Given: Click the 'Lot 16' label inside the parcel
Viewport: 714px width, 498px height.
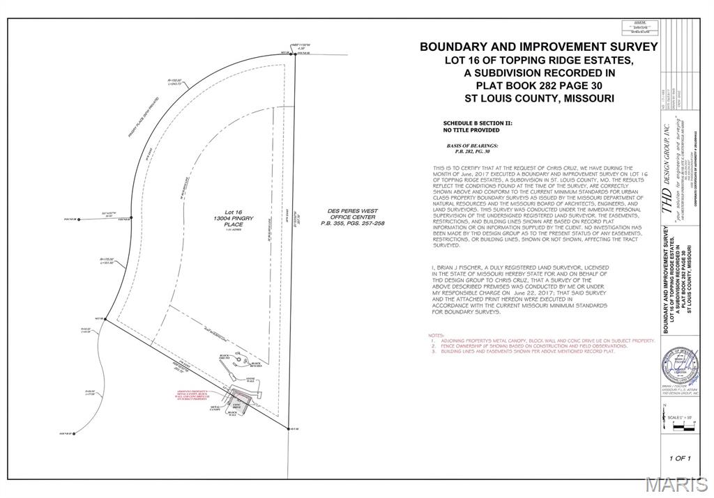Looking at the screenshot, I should tap(232, 211).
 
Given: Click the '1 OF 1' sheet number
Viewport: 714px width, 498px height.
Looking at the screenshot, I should tap(679, 458).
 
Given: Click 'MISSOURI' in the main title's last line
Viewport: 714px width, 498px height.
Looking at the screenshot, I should tap(588, 98).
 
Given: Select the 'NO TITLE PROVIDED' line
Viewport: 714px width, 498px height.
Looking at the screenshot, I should tap(471, 130).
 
